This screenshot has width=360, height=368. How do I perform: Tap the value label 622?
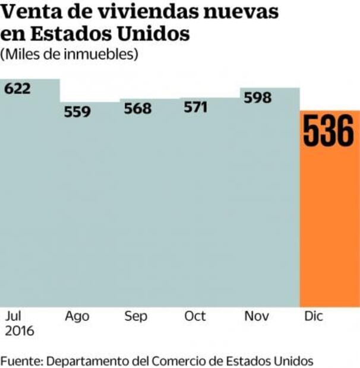pos(17,88)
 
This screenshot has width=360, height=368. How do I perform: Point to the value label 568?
pos(137,109)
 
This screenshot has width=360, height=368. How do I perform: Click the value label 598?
pos(257,97)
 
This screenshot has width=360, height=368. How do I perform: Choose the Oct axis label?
pos(195,316)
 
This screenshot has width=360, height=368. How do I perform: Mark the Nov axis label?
pos(257,316)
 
